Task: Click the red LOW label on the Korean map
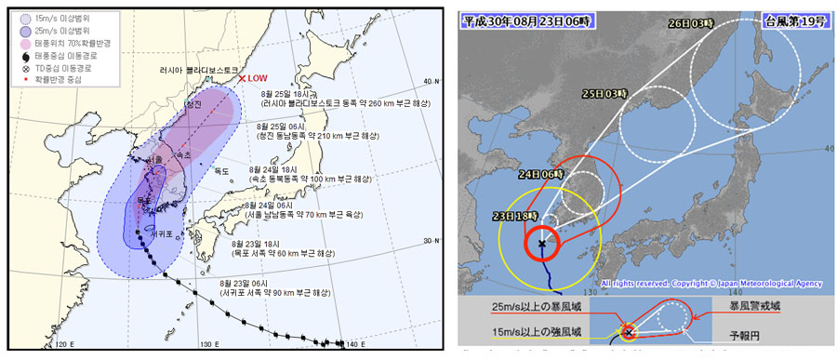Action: click(x=258, y=79)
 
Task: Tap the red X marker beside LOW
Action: click(x=242, y=79)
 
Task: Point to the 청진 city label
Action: click(x=194, y=104)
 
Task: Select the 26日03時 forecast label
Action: click(x=710, y=26)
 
